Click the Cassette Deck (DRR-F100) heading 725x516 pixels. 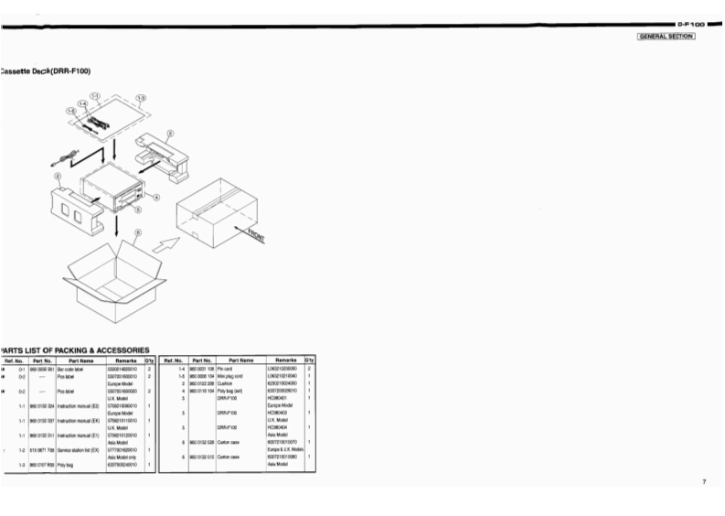[x=46, y=70]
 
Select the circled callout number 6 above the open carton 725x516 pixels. [x=138, y=232]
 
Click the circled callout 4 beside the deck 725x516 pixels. [x=156, y=197]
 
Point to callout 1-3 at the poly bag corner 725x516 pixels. [x=140, y=96]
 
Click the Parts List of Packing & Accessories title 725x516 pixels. [x=75, y=349]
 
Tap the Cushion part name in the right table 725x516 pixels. [x=225, y=383]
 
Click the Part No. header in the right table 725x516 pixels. [x=201, y=360]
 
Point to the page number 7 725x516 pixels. [x=704, y=481]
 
